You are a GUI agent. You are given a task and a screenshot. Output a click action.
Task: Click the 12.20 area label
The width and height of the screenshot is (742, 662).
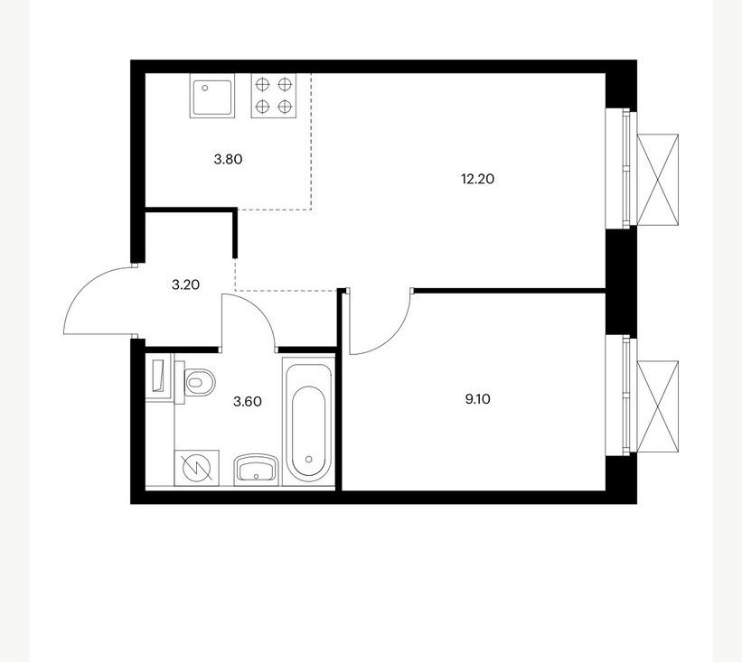477,179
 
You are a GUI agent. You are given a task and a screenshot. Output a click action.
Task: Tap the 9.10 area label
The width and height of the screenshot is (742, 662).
477,399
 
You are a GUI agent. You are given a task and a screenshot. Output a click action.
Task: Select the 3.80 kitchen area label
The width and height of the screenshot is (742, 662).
228,159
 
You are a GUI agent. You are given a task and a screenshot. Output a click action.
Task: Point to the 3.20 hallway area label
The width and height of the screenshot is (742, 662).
185,284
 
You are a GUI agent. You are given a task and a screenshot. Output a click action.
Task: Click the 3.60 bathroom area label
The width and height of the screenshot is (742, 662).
248,402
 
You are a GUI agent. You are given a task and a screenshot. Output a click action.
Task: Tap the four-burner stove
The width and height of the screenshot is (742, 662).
274,96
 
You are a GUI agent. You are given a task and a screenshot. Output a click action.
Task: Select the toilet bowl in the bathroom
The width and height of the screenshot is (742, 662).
195,382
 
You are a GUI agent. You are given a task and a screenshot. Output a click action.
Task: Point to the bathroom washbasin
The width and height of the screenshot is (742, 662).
257,470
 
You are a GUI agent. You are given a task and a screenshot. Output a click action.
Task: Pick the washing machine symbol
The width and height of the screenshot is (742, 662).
197,468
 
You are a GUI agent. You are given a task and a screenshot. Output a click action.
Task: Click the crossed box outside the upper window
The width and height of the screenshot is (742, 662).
658,180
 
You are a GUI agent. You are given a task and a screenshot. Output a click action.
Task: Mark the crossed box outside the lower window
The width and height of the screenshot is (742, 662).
658,406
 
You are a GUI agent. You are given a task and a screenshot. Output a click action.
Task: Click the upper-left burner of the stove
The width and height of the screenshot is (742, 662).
262,85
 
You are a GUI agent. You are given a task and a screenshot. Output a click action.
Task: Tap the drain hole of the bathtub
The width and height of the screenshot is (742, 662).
309,459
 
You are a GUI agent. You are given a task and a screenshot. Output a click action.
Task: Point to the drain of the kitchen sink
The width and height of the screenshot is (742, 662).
205,88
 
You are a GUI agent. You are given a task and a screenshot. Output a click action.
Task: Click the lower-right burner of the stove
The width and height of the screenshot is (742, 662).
285,107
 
